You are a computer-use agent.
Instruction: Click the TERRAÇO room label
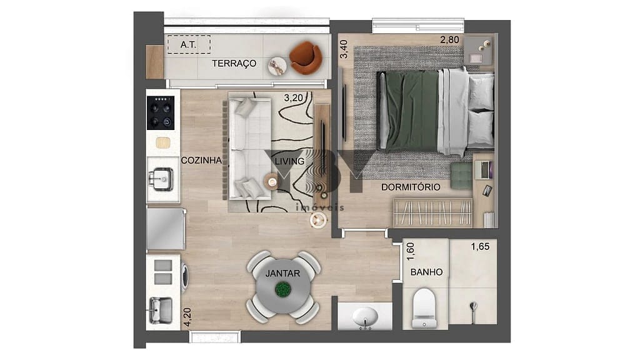[x=234, y=63]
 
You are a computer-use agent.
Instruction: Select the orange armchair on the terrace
[x=306, y=57]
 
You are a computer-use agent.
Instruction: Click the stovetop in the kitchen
[x=159, y=112]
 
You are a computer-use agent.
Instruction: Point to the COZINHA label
[x=201, y=160]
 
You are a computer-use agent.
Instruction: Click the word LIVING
[x=289, y=161]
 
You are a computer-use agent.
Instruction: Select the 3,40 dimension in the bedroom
[x=342, y=48]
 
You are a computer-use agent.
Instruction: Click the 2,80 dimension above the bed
[x=450, y=40]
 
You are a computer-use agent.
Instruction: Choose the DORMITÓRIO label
[x=411, y=187]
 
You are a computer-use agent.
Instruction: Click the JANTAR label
[x=282, y=273]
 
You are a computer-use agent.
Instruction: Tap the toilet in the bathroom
[x=424, y=308]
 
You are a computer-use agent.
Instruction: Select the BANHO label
[x=427, y=272]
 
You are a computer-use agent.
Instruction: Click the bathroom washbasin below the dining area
[x=364, y=317]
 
